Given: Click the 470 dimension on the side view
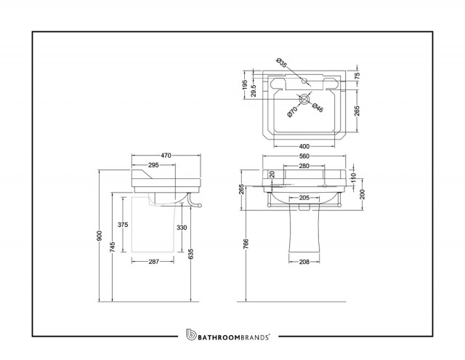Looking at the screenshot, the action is (x=166, y=155).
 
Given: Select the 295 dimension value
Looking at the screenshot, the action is (x=153, y=165).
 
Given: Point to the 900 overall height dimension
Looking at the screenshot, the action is (x=100, y=236).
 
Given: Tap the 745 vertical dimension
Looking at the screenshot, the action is (x=113, y=247).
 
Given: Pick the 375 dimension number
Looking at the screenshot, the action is (x=123, y=225).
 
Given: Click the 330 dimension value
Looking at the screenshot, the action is (x=182, y=228).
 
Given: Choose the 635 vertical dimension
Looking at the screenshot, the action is (x=191, y=254).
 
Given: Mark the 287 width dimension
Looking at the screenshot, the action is (x=153, y=262).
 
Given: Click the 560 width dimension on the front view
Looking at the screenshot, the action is (x=304, y=156).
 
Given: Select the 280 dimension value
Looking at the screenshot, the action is (x=304, y=166).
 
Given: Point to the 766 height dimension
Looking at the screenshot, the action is (x=246, y=244).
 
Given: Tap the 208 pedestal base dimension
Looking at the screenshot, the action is (x=304, y=262).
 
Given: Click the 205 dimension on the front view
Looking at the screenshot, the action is (x=304, y=198).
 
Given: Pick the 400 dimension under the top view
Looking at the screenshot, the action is (x=304, y=146).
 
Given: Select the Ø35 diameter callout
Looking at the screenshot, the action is (x=282, y=63).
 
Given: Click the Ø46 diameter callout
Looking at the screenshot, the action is (x=318, y=108).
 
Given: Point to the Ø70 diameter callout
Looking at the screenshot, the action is (x=292, y=112).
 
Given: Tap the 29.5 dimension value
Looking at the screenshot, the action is (x=254, y=90).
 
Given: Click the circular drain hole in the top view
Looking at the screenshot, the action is (x=304, y=99).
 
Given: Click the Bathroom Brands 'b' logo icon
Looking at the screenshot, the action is (x=191, y=334).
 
